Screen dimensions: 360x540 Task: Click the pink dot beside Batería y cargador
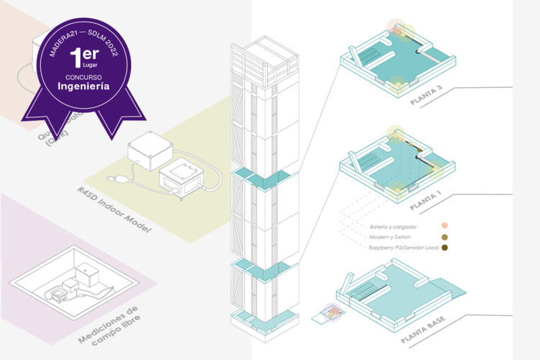click(446, 225)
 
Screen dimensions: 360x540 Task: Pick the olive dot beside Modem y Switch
click(446, 237)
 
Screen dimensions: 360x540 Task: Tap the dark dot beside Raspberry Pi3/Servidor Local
click(446, 248)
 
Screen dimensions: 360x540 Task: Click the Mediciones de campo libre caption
click(108, 325)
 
